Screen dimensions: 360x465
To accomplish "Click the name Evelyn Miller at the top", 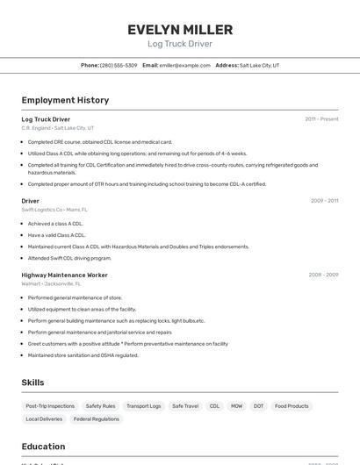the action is pyautogui.click(x=180, y=29).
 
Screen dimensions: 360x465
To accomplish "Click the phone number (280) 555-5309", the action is pyautogui.click(x=119, y=65).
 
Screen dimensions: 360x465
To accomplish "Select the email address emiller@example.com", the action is pyautogui.click(x=185, y=65).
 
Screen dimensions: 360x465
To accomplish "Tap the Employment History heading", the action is pyautogui.click(x=65, y=100).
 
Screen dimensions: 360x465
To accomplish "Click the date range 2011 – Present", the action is pyautogui.click(x=321, y=119).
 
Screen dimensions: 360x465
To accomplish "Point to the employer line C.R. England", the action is pyautogui.click(x=57, y=128).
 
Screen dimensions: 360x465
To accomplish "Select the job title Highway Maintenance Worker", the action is pyautogui.click(x=64, y=275).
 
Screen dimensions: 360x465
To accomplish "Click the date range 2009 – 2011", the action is pyautogui.click(x=324, y=201).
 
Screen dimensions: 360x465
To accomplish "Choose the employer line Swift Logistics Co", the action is pyautogui.click(x=54, y=210).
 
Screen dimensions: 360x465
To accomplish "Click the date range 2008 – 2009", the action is pyautogui.click(x=323, y=275).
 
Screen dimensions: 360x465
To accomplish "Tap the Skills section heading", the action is pyautogui.click(x=33, y=383).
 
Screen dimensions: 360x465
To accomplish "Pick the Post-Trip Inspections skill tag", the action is pyautogui.click(x=50, y=406).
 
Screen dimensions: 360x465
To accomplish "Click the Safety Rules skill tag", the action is pyautogui.click(x=100, y=406).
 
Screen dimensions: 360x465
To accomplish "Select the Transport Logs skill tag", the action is pyautogui.click(x=144, y=406).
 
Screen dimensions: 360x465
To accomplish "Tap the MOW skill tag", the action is pyautogui.click(x=237, y=406).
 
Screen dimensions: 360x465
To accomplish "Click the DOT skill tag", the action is pyautogui.click(x=258, y=406).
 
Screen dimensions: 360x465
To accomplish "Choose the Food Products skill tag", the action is pyautogui.click(x=292, y=406).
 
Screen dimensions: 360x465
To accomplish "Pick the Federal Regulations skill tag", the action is pyautogui.click(x=97, y=419).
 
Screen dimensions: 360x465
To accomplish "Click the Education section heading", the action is pyautogui.click(x=44, y=447).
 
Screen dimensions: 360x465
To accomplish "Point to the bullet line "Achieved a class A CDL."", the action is pyautogui.click(x=56, y=224).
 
